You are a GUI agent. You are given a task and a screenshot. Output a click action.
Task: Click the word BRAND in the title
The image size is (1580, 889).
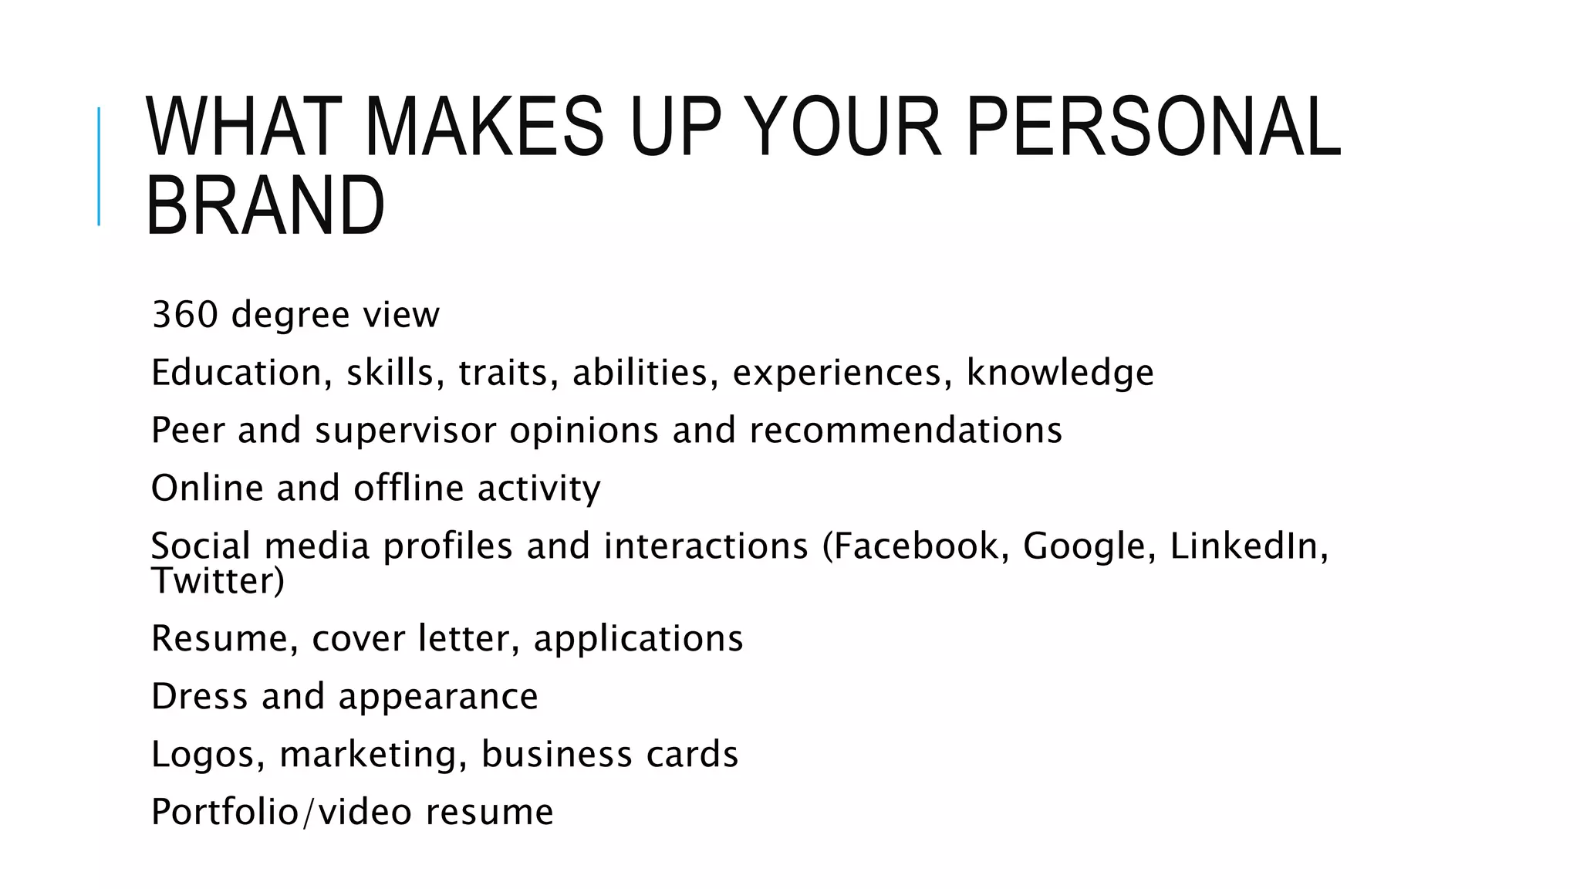click(x=265, y=206)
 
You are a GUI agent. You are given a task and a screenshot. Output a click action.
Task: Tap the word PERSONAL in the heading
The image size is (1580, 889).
click(x=1153, y=127)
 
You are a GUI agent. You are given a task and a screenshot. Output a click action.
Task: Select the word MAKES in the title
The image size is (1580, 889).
click(x=484, y=127)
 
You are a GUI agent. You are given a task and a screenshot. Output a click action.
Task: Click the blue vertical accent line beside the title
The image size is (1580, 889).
click(x=99, y=166)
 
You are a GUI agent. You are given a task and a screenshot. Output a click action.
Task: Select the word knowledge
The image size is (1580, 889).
click(x=1060, y=373)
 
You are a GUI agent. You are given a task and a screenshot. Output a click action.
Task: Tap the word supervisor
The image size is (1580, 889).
click(x=405, y=431)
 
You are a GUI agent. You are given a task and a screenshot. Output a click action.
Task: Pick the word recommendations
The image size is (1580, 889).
click(x=906, y=431)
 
